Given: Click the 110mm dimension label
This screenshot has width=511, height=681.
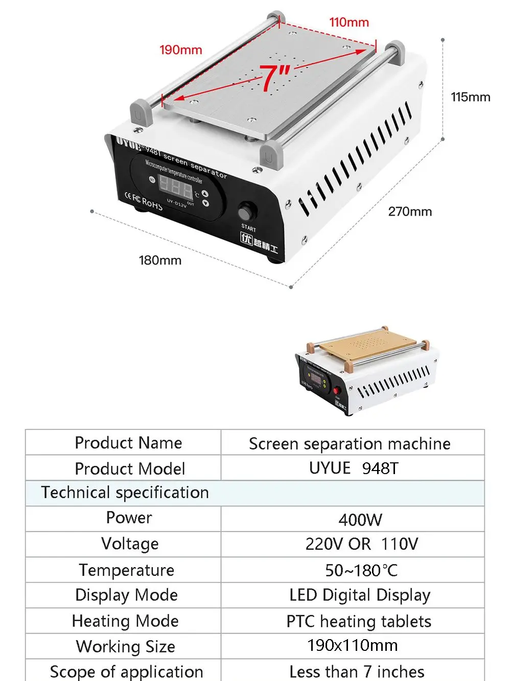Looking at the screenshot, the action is click(x=349, y=22).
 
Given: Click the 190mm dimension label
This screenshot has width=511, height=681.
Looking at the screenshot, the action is click(x=181, y=50).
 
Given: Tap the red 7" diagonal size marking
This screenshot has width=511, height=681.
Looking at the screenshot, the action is click(x=275, y=78).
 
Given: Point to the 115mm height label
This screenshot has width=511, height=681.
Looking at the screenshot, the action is click(x=470, y=97).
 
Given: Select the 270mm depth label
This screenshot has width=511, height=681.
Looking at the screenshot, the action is click(x=410, y=212).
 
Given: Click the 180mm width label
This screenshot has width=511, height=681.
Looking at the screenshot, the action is click(x=160, y=261).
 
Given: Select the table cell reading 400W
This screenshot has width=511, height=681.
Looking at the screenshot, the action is click(x=360, y=520).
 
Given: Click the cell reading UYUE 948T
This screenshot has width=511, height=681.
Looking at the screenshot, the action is click(x=353, y=468).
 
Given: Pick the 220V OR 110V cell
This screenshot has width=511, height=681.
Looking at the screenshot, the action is click(x=361, y=544).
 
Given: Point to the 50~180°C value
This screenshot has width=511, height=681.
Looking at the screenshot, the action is click(x=361, y=570).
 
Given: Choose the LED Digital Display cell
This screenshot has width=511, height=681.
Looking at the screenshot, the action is click(x=360, y=595).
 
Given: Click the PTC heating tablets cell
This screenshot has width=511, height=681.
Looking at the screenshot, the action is click(x=359, y=621).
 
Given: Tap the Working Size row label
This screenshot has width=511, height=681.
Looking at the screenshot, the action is click(x=126, y=647).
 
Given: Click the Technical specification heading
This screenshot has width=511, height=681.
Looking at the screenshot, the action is click(x=125, y=492).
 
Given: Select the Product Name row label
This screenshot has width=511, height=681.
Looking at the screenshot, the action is click(x=128, y=443).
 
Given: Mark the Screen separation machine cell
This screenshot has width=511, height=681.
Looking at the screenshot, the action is click(x=350, y=443).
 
